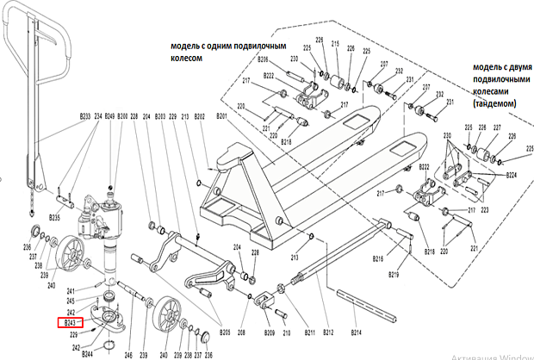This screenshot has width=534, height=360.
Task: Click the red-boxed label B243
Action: click(71, 323)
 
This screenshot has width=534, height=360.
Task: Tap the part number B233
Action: click(85, 116)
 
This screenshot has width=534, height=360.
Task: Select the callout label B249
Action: click(109, 116)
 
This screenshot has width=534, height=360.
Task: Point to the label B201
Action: click(221, 116)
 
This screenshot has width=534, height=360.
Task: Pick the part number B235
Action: click(54, 218)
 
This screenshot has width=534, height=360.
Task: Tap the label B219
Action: click(393, 274)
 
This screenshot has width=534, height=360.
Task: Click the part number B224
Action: click(511, 175)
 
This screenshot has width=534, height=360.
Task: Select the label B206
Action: click(264, 59)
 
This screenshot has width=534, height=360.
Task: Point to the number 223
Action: click(483, 209)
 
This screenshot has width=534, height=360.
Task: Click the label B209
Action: click(269, 332)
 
